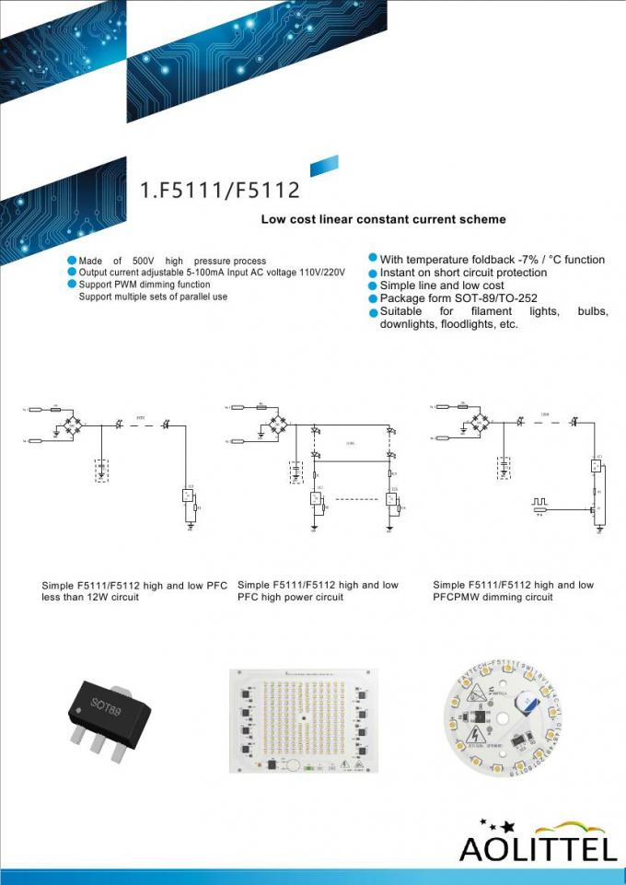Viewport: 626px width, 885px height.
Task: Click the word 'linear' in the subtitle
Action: tap(352, 220)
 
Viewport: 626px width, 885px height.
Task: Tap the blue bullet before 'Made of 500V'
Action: tap(72, 261)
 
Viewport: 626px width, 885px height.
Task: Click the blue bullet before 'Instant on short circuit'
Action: tap(374, 274)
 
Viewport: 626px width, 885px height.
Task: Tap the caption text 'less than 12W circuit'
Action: tap(90, 597)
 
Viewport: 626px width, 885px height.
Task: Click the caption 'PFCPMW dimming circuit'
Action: tap(493, 597)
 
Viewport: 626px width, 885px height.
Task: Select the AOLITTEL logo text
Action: tap(538, 848)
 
